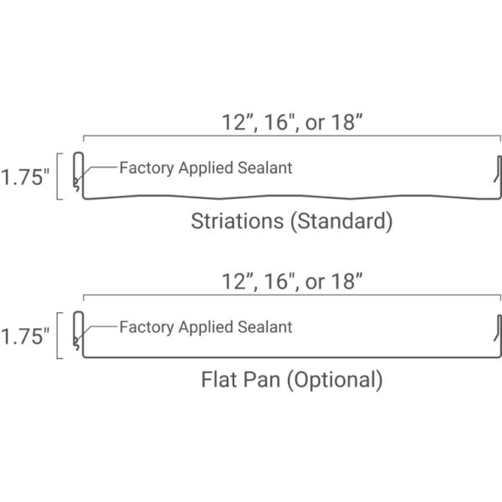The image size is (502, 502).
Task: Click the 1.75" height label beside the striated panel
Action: click(25, 177)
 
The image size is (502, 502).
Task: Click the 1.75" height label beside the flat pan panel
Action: click(25, 336)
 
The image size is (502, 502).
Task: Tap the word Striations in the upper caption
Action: click(238, 221)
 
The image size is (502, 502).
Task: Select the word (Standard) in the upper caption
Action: click(341, 222)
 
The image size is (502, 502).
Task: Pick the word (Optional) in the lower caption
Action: click(335, 381)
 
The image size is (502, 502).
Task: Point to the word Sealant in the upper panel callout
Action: click(265, 168)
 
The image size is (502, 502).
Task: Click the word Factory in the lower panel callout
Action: click(146, 328)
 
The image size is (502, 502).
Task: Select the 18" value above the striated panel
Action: click(346, 122)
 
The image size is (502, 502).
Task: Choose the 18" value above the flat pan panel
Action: click(346, 281)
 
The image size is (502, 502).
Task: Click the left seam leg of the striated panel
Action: click(79, 173)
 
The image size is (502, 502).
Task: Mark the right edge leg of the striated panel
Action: click(499, 176)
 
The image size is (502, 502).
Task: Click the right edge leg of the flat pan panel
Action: click(499, 336)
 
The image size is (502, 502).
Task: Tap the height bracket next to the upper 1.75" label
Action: click(57, 177)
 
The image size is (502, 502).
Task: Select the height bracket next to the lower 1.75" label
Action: click(57, 336)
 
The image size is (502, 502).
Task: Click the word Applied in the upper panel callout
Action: click(206, 169)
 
